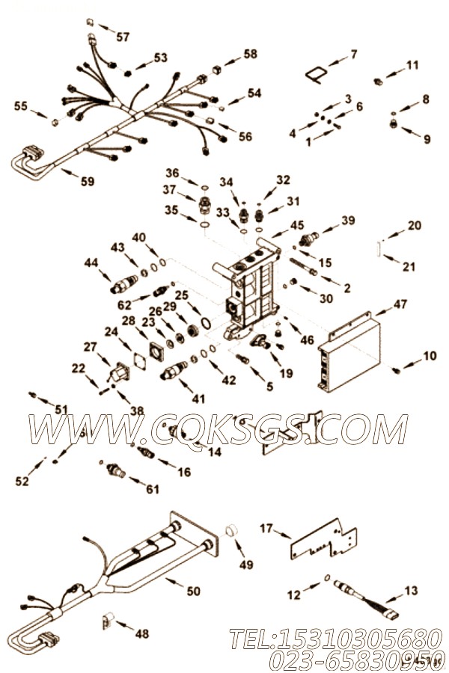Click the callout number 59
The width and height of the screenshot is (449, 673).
pos(89,180)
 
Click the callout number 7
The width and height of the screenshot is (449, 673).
pos(353,54)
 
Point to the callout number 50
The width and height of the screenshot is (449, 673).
pos(193,591)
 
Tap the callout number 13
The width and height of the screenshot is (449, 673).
pos(412,591)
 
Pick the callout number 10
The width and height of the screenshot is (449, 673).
pos(430,356)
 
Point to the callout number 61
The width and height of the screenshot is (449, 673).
pos(153,489)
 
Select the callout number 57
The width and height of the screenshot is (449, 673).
pos(122,37)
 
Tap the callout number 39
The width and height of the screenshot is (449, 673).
pos(349,220)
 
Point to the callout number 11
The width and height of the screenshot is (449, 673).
pos(412,66)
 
